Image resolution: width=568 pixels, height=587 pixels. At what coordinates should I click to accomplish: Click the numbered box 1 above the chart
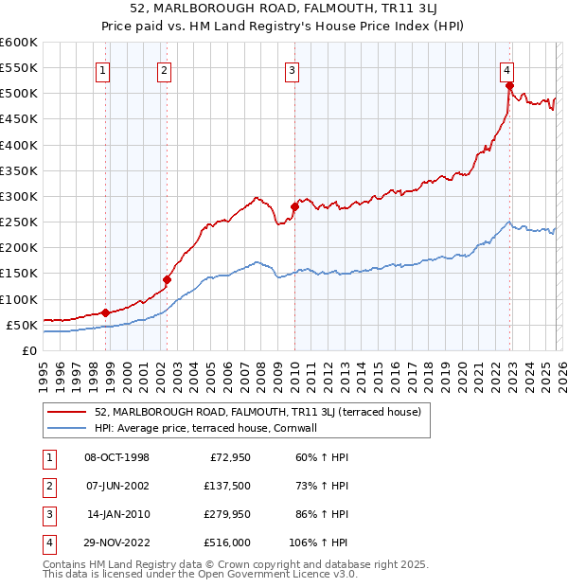(x=101, y=69)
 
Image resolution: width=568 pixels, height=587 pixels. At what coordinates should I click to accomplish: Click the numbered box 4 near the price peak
(x=507, y=69)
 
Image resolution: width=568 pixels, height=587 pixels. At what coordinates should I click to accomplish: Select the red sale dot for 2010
(x=294, y=206)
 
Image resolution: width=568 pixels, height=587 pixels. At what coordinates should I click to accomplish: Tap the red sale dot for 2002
(x=167, y=279)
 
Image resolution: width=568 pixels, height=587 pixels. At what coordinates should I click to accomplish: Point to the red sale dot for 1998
(x=106, y=312)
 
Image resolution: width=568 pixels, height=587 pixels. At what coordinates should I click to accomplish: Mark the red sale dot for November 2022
(x=509, y=85)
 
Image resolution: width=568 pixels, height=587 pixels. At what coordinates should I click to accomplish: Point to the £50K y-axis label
(x=21, y=325)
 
